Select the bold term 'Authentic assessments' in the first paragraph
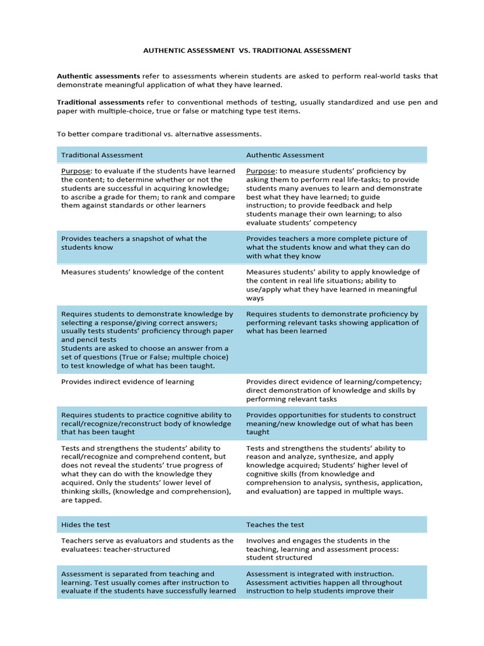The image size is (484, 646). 98,76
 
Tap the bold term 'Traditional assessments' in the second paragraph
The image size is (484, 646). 100,102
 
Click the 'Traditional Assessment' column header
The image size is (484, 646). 102,155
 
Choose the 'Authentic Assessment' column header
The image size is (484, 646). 285,155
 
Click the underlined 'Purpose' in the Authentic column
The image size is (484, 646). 261,171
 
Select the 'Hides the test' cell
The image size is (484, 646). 86,524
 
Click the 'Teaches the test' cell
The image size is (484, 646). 275,524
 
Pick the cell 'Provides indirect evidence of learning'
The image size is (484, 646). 127,382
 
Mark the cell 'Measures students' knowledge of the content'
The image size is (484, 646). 142,272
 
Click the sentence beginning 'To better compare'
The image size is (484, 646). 159,134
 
